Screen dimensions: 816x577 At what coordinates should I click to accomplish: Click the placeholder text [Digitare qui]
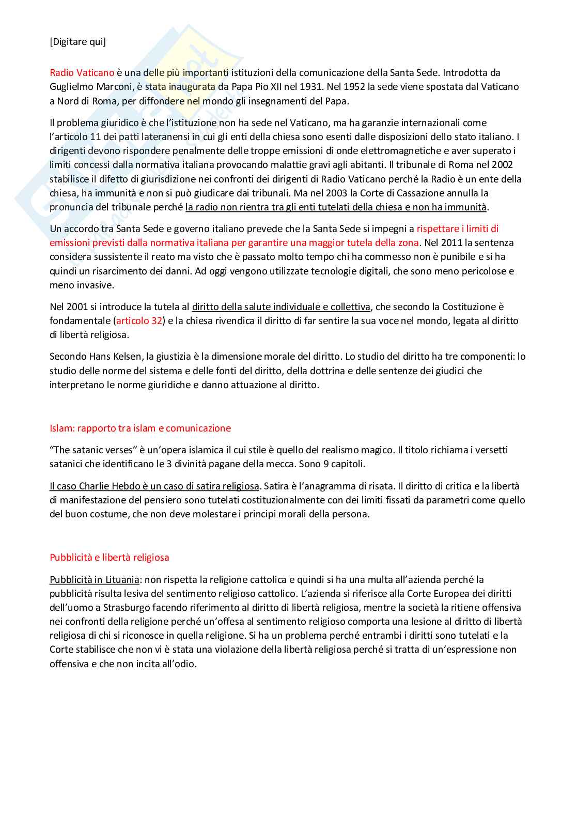tap(77, 42)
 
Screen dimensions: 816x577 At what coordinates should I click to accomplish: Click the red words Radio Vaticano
tap(82, 73)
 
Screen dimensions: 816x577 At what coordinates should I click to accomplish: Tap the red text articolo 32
tap(139, 321)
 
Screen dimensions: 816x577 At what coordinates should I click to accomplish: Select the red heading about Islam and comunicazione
tap(140, 428)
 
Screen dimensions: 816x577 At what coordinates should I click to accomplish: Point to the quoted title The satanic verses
tap(89, 450)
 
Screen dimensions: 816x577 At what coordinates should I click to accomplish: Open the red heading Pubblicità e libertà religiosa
tap(110, 558)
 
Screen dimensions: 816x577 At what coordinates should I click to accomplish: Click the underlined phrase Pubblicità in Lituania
tap(95, 580)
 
